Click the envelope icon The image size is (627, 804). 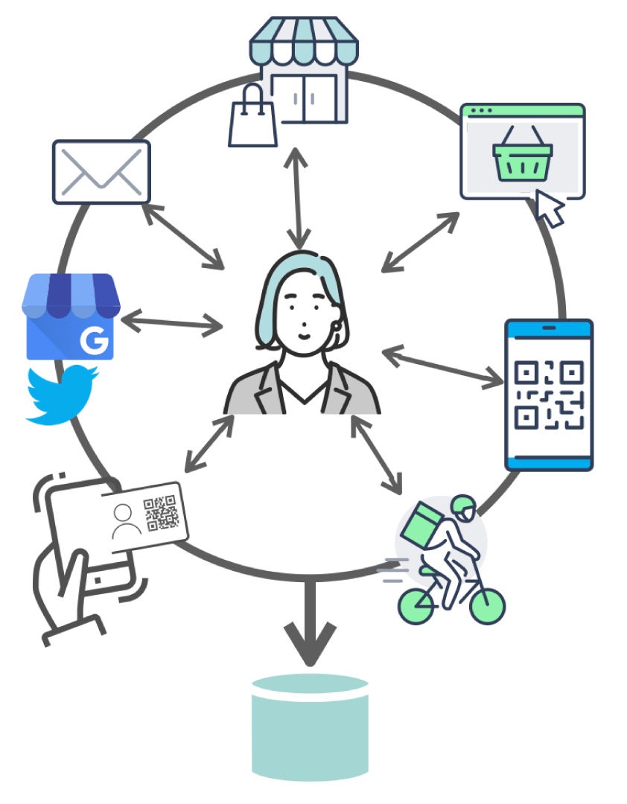(x=101, y=171)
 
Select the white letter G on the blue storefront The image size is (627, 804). (x=94, y=342)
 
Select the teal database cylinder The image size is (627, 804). (x=310, y=726)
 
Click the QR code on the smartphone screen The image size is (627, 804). (x=549, y=395)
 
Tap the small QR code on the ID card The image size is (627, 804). (x=162, y=513)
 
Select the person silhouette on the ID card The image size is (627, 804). (x=127, y=521)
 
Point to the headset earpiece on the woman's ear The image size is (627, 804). (x=338, y=325)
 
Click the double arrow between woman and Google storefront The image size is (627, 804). (x=171, y=323)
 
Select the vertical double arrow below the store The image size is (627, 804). (x=299, y=198)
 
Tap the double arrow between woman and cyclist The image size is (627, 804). (x=378, y=455)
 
